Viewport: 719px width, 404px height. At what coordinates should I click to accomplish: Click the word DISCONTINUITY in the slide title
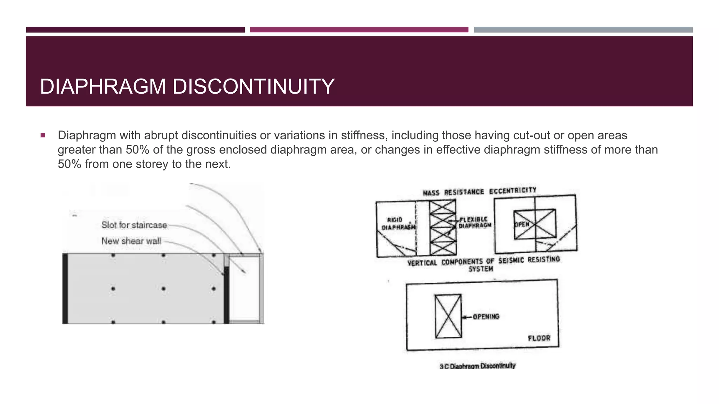point(253,87)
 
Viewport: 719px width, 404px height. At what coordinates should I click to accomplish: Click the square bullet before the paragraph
point(43,135)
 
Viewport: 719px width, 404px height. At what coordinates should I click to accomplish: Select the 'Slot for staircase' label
point(134,225)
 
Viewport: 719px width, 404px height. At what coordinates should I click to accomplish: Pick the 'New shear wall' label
point(131,241)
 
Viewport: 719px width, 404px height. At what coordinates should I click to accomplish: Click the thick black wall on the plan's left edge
point(65,288)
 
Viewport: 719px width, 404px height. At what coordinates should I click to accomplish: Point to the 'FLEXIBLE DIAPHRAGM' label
point(475,222)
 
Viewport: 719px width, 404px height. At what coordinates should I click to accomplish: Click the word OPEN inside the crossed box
point(522,224)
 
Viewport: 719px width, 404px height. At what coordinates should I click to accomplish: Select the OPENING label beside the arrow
point(486,317)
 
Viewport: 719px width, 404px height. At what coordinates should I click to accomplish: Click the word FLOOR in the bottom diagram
point(539,338)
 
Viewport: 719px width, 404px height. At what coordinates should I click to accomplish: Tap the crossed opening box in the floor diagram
point(448,316)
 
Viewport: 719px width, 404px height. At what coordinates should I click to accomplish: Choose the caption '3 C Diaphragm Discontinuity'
point(477,366)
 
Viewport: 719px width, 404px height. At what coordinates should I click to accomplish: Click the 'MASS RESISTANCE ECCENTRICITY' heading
point(480,191)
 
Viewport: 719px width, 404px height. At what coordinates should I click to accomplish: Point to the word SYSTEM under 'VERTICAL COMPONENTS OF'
point(481,269)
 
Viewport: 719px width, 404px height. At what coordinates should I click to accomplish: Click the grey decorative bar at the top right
point(583,30)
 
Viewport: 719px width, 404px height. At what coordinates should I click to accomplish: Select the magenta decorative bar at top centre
point(359,30)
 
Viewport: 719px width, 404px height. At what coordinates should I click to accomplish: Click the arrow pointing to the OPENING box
point(467,317)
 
